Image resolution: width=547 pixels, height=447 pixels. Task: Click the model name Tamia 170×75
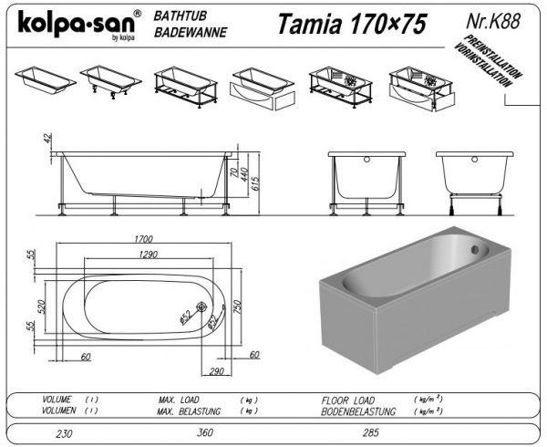(x=352, y=24)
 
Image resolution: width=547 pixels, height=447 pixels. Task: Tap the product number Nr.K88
(x=493, y=21)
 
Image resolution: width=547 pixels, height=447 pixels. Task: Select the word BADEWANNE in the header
(x=191, y=33)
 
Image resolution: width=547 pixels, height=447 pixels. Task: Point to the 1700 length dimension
(x=144, y=239)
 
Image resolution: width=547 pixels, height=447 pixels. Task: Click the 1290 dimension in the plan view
(x=149, y=255)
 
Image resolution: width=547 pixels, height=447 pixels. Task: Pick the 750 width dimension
(x=237, y=307)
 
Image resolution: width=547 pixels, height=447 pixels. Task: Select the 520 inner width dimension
(x=42, y=307)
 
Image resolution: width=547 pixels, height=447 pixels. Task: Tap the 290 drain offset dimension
(x=216, y=371)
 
